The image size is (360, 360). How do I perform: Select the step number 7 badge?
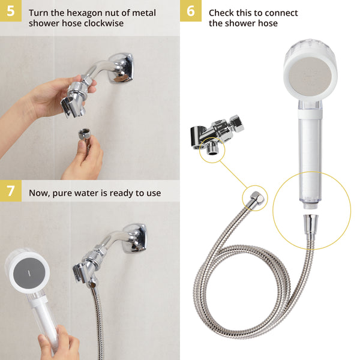(10, 191)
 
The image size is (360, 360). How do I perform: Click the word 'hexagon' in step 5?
(82, 13)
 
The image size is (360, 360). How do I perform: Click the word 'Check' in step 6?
(220, 13)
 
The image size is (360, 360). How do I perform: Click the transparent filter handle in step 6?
(311, 156)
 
